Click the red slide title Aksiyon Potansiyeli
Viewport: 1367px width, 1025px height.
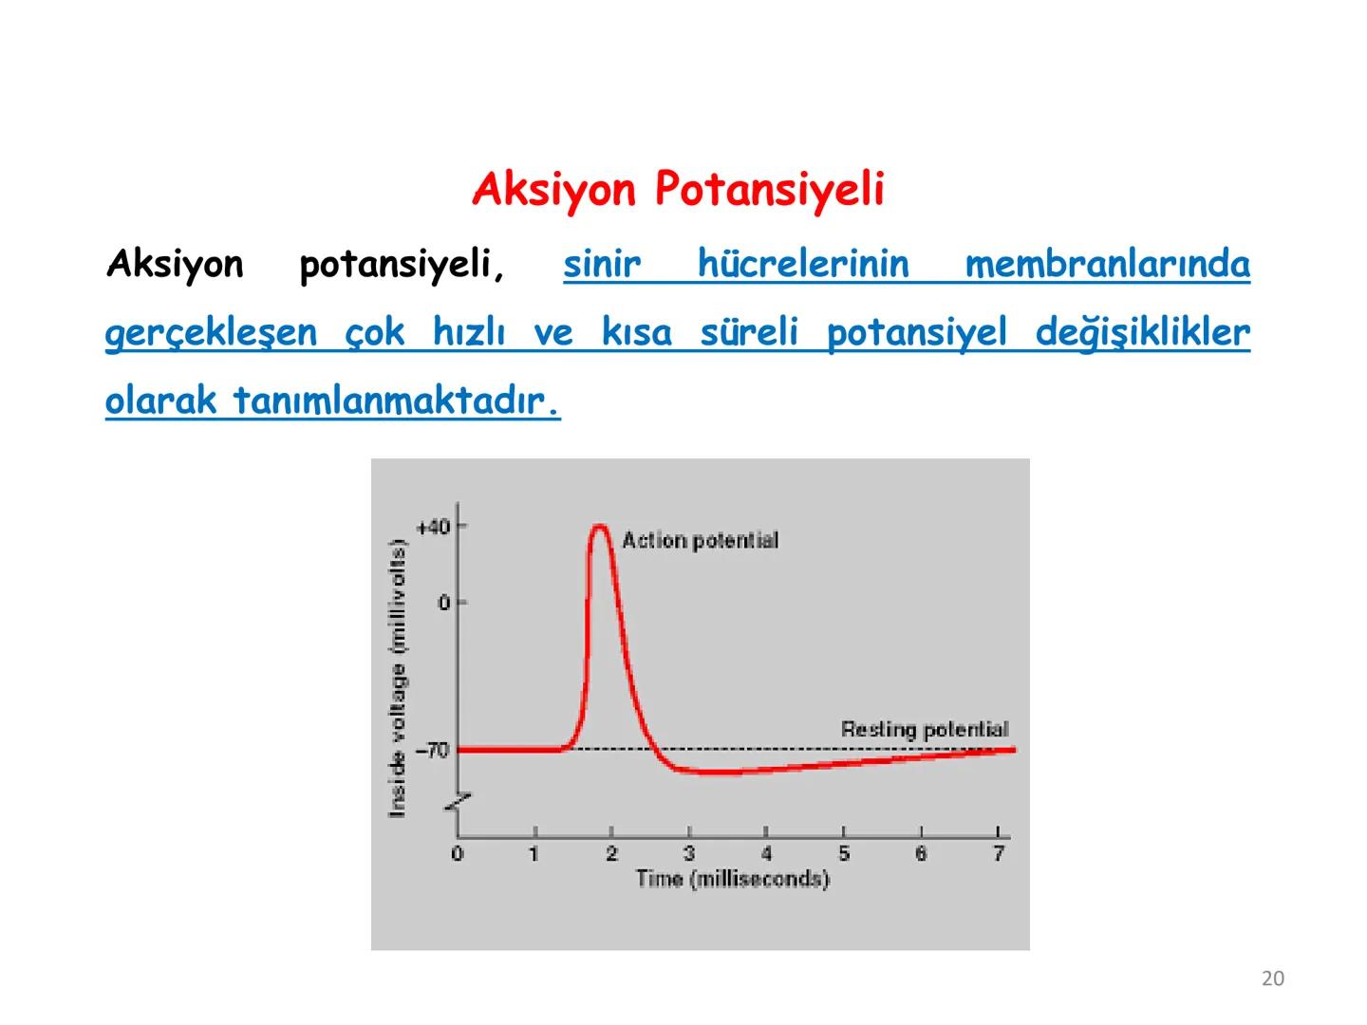[678, 189]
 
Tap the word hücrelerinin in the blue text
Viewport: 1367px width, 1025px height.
[803, 264]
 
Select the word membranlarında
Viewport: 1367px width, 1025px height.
[1107, 264]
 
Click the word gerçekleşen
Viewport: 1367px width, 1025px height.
[211, 333]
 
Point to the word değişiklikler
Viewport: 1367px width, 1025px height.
[1142, 333]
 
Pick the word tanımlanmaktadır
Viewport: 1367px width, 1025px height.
[396, 401]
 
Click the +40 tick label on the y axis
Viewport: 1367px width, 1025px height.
[433, 527]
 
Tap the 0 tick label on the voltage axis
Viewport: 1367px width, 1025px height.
[443, 603]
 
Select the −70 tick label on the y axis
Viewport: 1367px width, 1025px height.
[432, 751]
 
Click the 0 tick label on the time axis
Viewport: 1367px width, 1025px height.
[458, 854]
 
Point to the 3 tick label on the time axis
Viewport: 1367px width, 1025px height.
[689, 854]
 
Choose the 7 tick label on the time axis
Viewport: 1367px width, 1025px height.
[998, 854]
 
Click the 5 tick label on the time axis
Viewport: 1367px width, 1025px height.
[844, 854]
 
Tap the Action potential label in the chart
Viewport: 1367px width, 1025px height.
[700, 541]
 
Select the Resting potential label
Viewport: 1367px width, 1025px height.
[925, 730]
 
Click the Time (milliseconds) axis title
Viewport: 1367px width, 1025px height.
[732, 879]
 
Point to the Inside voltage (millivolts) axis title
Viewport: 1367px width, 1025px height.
[398, 678]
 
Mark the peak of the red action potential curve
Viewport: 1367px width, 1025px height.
[600, 527]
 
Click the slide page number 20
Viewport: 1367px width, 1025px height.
[1273, 978]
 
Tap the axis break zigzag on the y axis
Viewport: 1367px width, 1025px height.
[459, 803]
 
